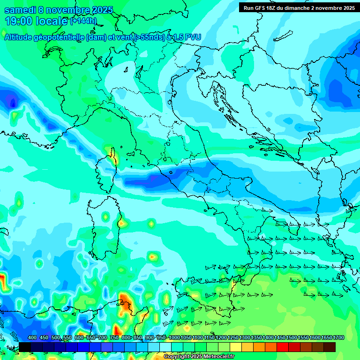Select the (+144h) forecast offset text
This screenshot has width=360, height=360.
click(x=83, y=21)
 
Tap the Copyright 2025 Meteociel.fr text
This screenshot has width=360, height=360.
click(x=199, y=356)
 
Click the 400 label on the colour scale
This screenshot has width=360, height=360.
click(x=32, y=338)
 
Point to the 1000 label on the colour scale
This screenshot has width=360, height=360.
click(x=174, y=338)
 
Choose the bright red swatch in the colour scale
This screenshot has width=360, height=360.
click(x=283, y=347)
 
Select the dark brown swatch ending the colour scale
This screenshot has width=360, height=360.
click(x=330, y=347)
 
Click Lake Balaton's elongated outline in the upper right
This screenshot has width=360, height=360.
click(x=283, y=36)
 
